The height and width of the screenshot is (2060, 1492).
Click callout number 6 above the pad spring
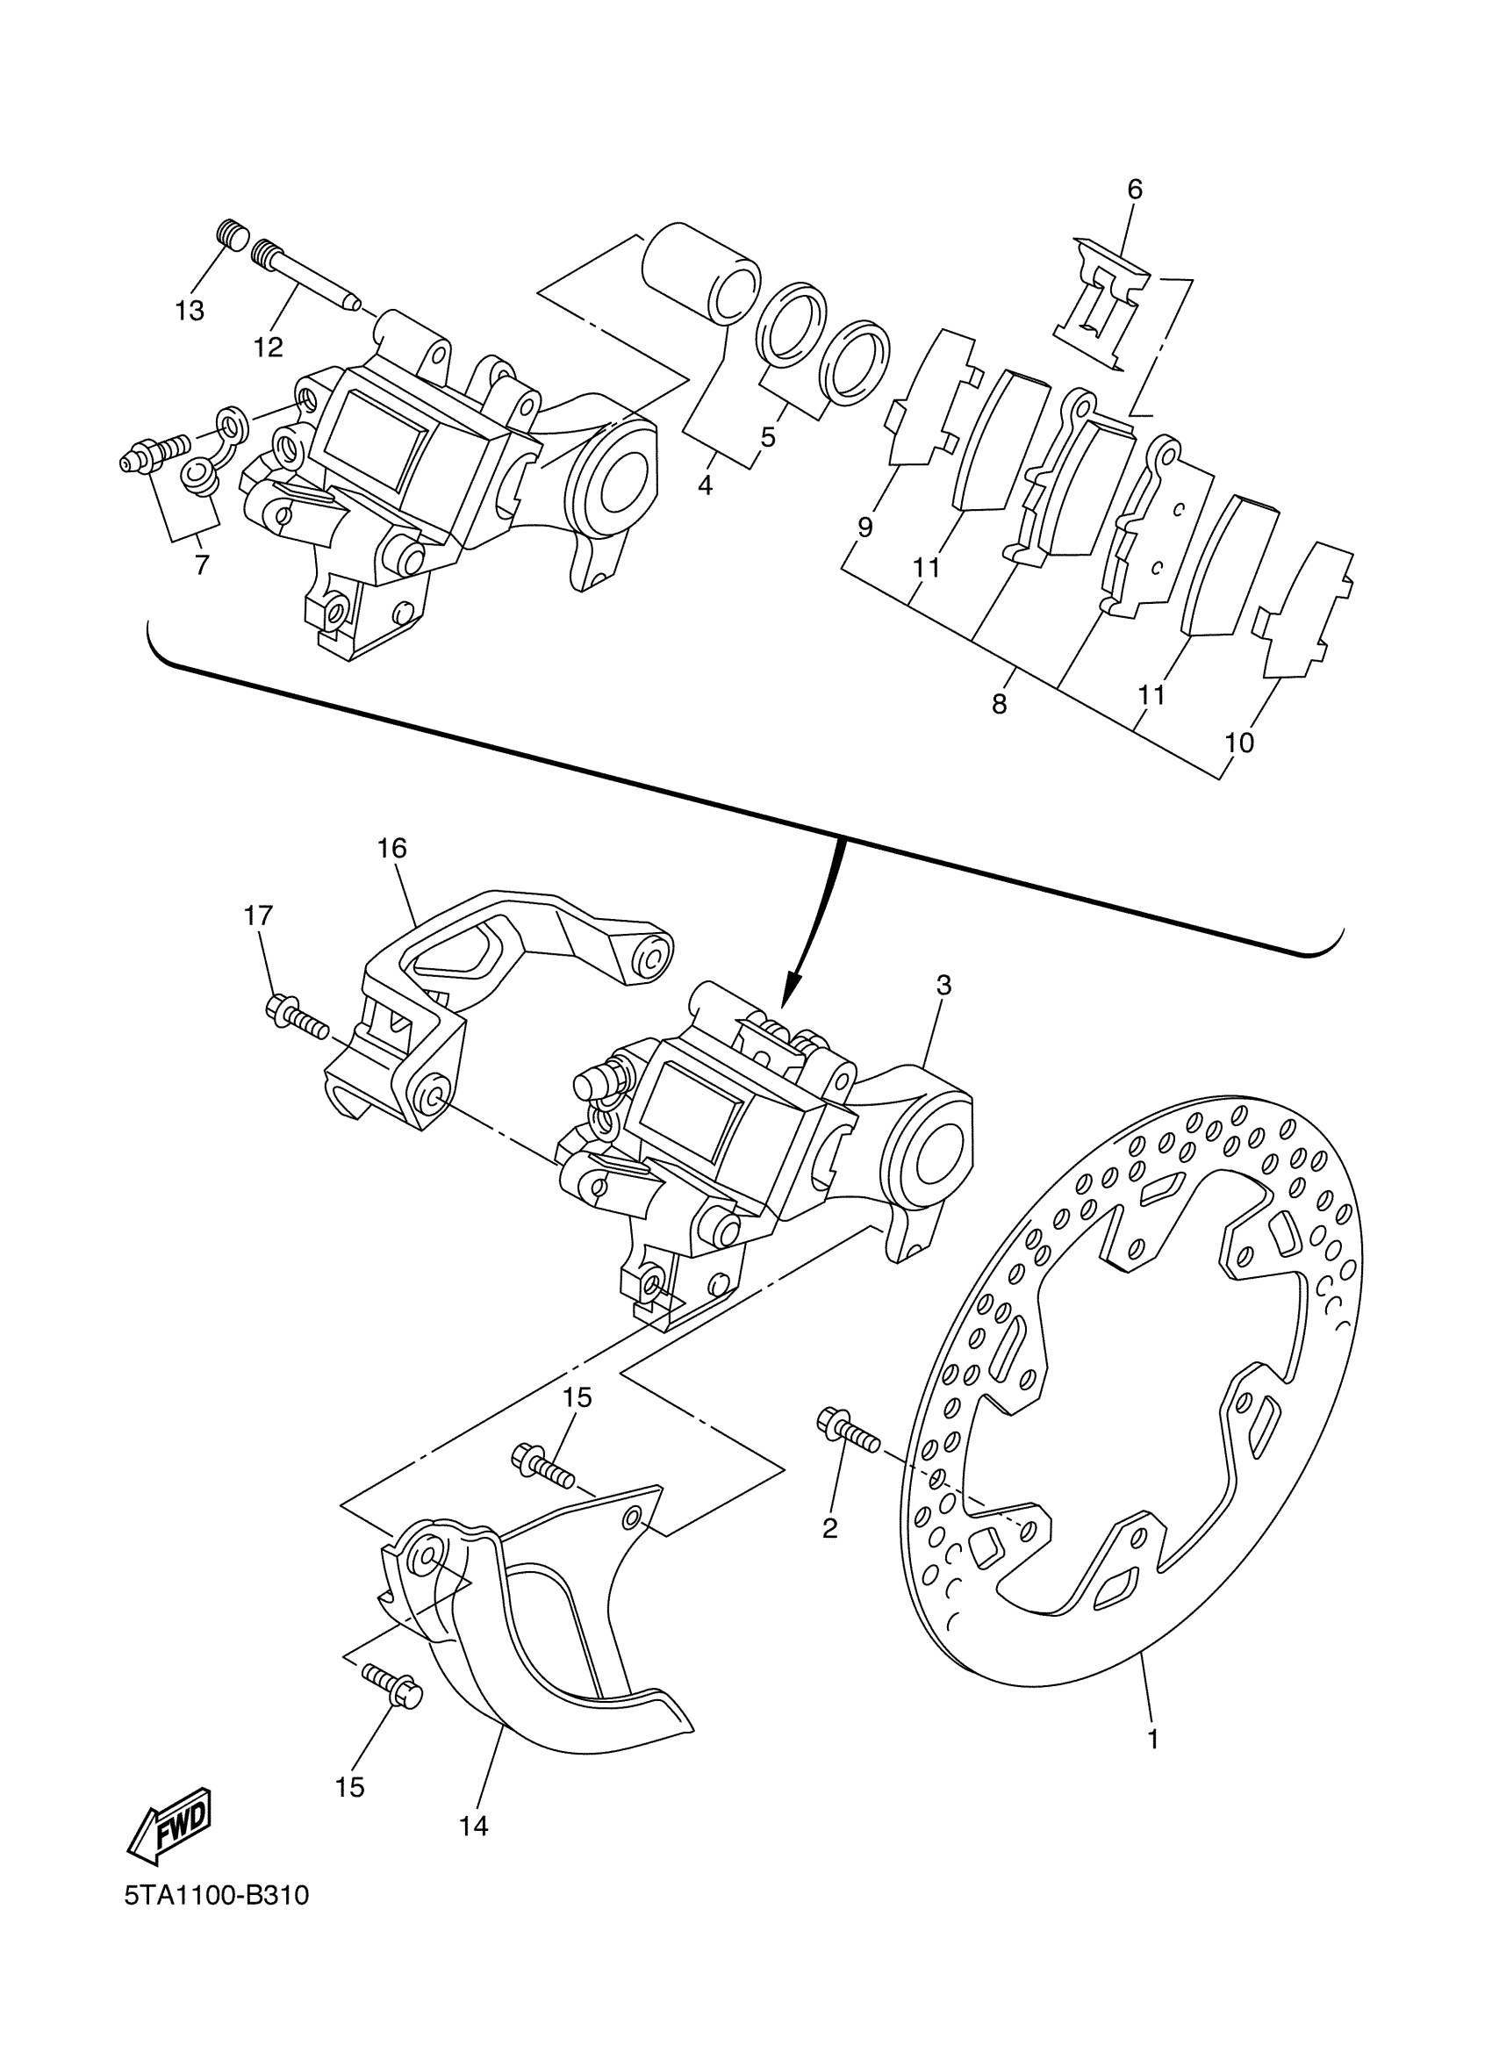pyautogui.click(x=1134, y=189)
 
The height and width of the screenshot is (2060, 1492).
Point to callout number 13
pyautogui.click(x=190, y=311)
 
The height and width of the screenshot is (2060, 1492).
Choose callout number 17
pyautogui.click(x=258, y=915)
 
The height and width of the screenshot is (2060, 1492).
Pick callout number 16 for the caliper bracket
pyautogui.click(x=392, y=849)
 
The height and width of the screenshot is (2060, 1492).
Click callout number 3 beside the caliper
pyautogui.click(x=943, y=985)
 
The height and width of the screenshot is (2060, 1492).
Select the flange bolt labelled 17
pyautogui.click(x=297, y=1019)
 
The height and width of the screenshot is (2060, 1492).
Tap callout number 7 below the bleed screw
pyautogui.click(x=202, y=565)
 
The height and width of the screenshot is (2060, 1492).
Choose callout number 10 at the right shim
pyautogui.click(x=1238, y=743)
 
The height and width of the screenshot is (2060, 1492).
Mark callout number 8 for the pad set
pyautogui.click(x=999, y=704)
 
